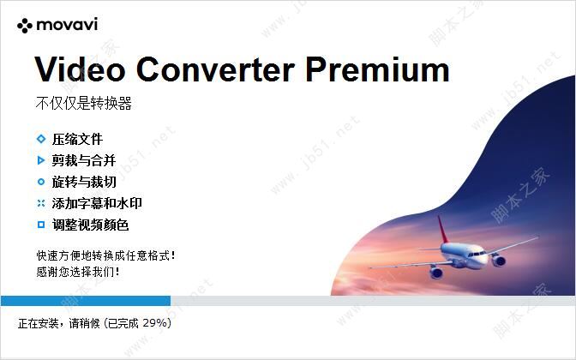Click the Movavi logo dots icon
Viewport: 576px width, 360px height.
point(25,26)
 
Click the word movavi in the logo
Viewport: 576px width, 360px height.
point(67,25)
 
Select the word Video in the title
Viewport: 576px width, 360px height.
point(80,69)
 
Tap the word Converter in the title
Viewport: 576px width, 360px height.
point(215,69)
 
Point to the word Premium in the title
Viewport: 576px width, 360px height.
point(377,69)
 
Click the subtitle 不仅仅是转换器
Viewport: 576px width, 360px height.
point(84,103)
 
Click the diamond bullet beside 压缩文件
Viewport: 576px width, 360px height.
point(41,139)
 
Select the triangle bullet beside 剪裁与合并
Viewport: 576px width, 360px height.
point(41,160)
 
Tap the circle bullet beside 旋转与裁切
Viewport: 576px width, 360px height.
point(41,182)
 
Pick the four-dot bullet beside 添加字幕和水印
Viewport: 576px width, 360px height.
point(41,203)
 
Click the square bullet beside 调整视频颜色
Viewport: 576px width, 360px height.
point(41,225)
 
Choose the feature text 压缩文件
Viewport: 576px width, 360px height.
point(77,139)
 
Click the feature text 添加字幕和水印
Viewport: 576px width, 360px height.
point(97,203)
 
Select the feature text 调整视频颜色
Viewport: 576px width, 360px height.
point(90,225)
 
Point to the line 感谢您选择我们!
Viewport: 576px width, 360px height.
point(78,272)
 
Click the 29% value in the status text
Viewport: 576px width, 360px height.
point(154,323)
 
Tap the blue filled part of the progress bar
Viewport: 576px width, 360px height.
point(86,301)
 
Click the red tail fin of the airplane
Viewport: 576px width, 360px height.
point(442,229)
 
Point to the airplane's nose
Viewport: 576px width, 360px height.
point(487,258)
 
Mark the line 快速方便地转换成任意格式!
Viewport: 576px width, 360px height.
point(105,255)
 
